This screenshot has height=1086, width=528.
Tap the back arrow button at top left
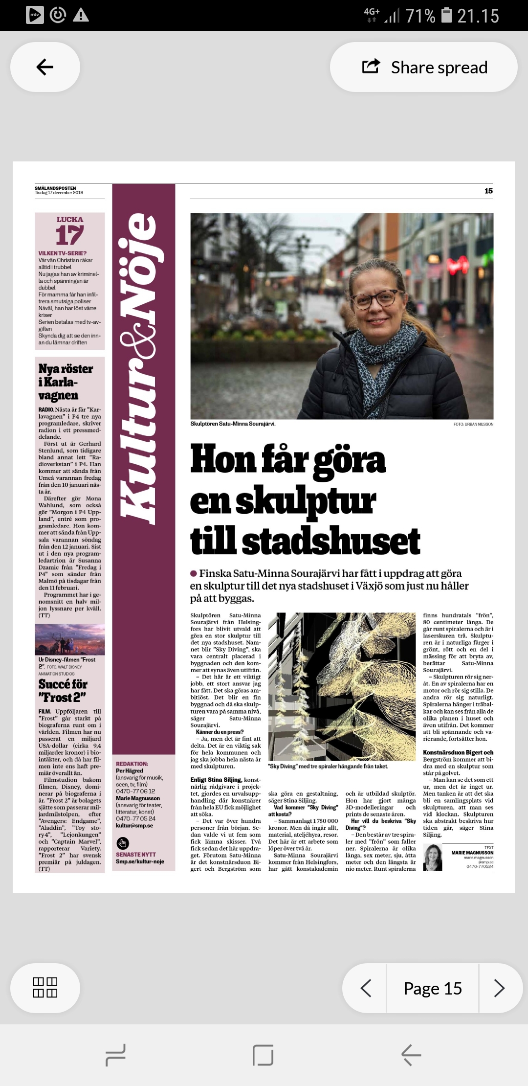[45, 67]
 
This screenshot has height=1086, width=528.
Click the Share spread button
[424, 67]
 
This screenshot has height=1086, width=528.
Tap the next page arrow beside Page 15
[499, 988]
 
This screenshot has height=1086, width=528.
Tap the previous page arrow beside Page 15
[366, 988]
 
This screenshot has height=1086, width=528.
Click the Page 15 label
[433, 989]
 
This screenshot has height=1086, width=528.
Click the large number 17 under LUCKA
[69, 235]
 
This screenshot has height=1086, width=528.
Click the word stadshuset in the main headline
[331, 542]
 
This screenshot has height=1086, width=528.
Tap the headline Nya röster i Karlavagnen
[66, 382]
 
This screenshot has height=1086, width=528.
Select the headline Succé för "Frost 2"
[63, 690]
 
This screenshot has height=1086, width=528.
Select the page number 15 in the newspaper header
[488, 191]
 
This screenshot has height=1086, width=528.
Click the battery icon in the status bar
[447, 15]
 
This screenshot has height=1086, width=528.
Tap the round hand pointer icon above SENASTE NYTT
[123, 843]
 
